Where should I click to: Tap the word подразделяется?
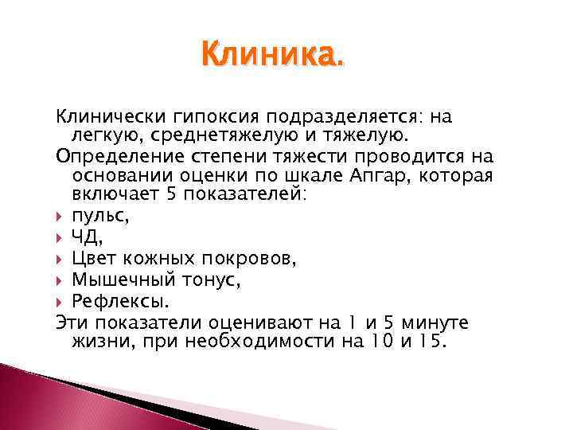(349, 117)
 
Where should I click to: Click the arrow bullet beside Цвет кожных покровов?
(60, 256)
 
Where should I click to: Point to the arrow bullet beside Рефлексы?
(60, 301)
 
